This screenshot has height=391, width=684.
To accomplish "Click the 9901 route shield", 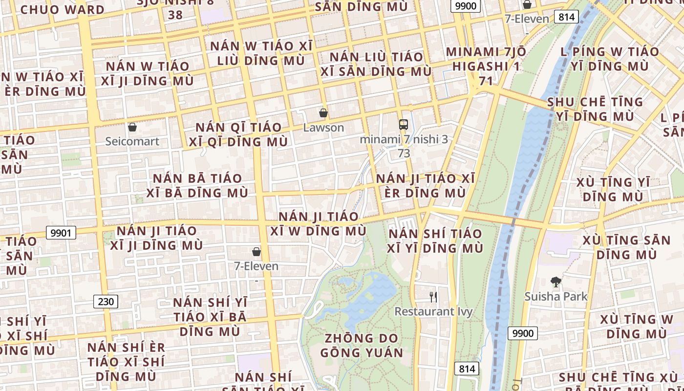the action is point(61,233).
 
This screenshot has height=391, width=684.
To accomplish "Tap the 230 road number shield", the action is point(106,302).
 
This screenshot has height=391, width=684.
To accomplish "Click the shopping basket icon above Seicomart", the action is point(132,128).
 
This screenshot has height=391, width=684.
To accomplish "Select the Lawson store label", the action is point(323,128).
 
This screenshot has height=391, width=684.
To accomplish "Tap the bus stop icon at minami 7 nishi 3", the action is point(403,124).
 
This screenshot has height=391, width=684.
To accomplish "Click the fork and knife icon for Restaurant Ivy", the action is point(433,297).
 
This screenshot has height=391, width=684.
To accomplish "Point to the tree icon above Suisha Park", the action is point(556,282).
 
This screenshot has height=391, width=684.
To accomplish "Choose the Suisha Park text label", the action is point(556,296).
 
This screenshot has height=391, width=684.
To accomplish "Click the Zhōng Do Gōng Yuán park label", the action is point(362,346).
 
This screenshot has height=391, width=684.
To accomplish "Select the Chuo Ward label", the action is point(62,9).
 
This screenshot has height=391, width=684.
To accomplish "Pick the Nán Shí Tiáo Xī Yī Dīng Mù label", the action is point(435,240).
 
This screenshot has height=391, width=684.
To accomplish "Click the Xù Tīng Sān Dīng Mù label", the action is point(627,247).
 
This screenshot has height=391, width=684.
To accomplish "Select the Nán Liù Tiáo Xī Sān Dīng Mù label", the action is point(376,64).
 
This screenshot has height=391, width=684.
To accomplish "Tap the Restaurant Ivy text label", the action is point(433,311).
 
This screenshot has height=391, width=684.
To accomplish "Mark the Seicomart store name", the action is point(132,141).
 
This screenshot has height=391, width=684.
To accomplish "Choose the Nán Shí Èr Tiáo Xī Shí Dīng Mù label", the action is point(126,362).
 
